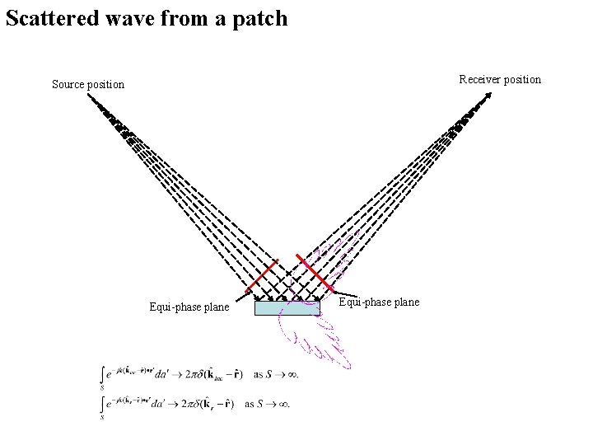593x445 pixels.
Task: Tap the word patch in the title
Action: coord(259,18)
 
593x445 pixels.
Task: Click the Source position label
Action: coord(87,84)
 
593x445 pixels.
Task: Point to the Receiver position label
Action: coord(500,80)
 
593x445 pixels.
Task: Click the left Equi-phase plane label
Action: coord(189,307)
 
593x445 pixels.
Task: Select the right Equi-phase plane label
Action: coord(379,302)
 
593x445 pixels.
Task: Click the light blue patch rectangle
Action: coord(287,308)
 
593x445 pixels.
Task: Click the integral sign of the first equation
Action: coord(102,376)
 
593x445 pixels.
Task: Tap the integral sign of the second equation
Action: coord(102,405)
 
